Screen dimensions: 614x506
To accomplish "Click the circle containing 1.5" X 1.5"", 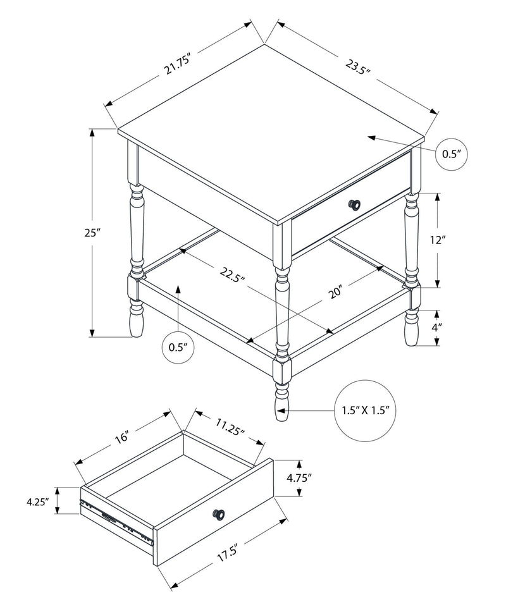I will pos(364,410).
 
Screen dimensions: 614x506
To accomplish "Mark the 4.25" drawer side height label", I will pos(38,502).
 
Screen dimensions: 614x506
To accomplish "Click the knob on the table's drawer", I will pos(355,204).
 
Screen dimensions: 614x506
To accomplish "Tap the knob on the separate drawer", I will pos(219,514).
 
